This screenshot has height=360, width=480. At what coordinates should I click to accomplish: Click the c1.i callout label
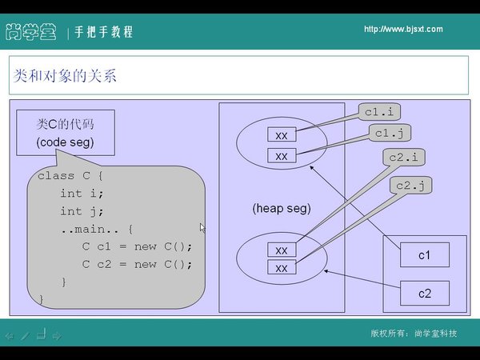tap(381, 111)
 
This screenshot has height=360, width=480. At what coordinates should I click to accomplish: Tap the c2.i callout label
tap(403, 157)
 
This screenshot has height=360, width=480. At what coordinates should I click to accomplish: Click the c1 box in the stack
tap(424, 255)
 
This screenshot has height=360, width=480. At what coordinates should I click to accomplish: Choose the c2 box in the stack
tap(424, 293)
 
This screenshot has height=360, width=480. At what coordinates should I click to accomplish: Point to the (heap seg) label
tap(281, 208)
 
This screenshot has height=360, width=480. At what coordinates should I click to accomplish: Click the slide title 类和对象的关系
tap(66, 77)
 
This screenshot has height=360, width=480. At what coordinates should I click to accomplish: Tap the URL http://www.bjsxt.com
tap(402, 30)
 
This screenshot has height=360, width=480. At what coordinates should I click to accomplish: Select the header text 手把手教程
tap(105, 32)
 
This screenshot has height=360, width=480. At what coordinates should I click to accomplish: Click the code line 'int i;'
tap(82, 194)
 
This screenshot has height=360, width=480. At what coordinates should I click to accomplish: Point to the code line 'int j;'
tap(82, 211)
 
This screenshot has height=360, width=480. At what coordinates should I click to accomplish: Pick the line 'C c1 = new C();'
tap(138, 246)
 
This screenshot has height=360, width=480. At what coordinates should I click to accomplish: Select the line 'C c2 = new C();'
tap(138, 264)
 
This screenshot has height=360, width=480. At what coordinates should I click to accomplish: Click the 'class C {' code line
tap(71, 175)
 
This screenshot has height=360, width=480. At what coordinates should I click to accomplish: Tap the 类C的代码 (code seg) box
tap(65, 133)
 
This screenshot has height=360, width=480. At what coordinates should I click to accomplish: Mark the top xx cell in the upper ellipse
tap(282, 136)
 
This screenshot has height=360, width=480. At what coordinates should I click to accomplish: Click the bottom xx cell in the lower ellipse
tap(282, 269)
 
